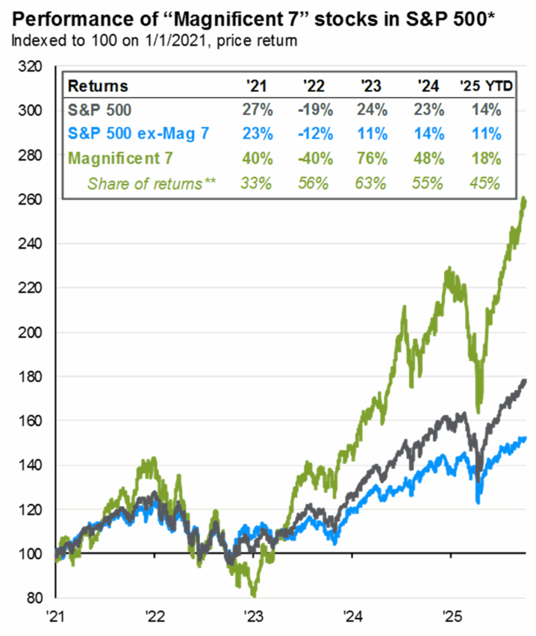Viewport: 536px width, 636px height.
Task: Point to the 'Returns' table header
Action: tap(97, 86)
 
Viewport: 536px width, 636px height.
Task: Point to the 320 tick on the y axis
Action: tap(30, 66)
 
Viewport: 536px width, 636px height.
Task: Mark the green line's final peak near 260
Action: tap(525, 199)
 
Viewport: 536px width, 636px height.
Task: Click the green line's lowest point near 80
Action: tap(254, 594)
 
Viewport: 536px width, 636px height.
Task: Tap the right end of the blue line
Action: tap(525, 438)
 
